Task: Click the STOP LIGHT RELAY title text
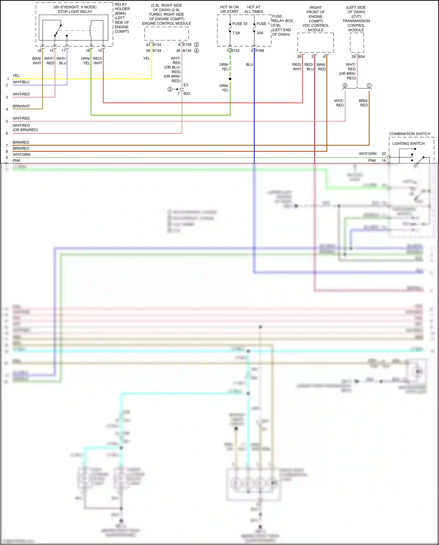click(75, 12)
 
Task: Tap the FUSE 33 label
click(240, 24)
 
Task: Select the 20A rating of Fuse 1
click(260, 33)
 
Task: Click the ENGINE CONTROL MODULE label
click(166, 23)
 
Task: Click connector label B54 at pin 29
click(361, 57)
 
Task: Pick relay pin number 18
click(39, 51)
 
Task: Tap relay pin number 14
click(100, 51)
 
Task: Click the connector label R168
click(259, 51)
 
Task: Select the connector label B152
click(235, 51)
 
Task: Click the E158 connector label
click(187, 45)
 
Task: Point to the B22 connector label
click(187, 93)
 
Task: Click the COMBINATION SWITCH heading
click(409, 134)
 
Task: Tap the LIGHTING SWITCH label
click(408, 143)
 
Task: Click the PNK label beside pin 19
click(372, 160)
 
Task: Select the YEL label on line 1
click(16, 76)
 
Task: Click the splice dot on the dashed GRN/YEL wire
click(230, 79)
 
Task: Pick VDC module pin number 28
click(299, 57)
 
